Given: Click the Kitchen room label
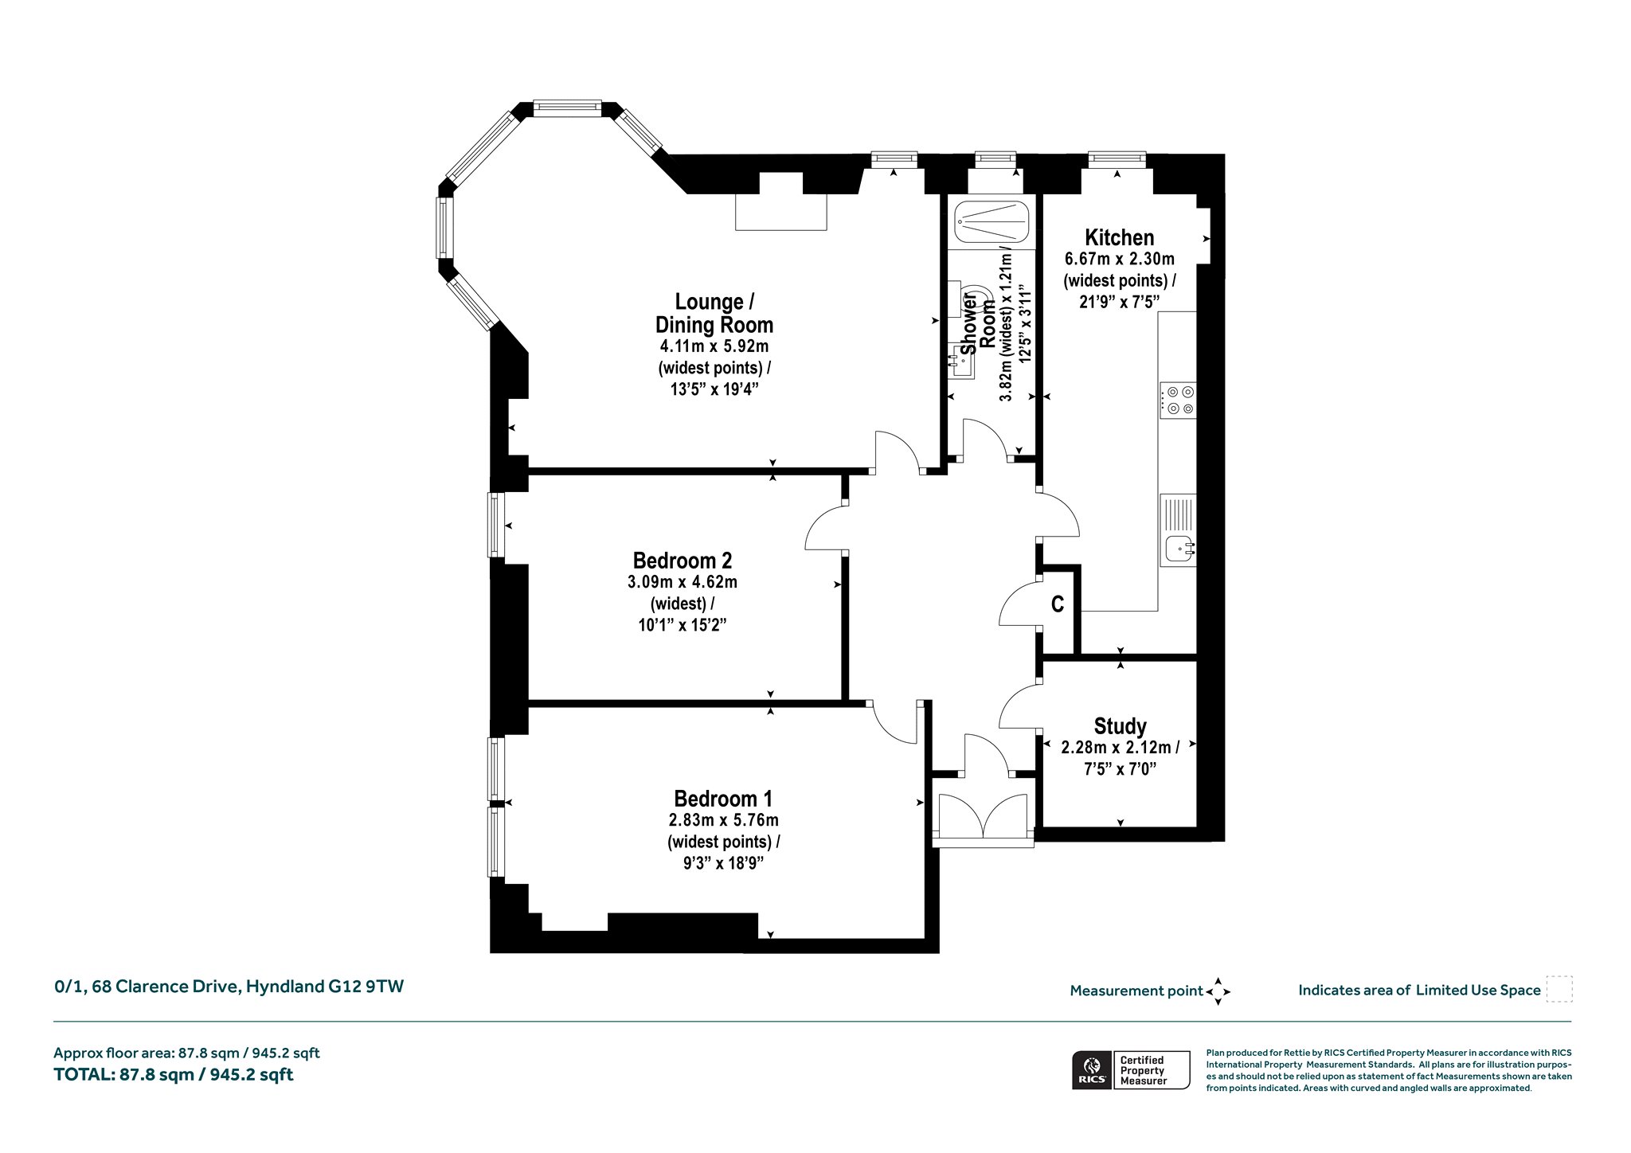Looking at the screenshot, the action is [x=1119, y=237].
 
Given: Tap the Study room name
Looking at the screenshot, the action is [x=1120, y=726].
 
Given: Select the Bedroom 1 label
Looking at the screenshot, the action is [x=723, y=799].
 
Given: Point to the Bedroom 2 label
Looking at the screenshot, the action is [x=683, y=561].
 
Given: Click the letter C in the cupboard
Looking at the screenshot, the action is [x=1058, y=605].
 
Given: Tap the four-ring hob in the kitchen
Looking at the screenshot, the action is [x=1178, y=401].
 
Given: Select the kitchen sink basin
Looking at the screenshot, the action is [x=1179, y=548].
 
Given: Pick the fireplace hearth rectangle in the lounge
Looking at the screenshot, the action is [x=781, y=212].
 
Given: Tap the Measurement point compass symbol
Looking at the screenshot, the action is [x=1218, y=991].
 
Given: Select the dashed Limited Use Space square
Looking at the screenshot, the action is [x=1559, y=989].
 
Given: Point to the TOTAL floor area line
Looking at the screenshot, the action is [x=174, y=1074].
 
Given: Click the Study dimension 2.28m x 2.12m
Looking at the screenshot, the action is [x=1116, y=748].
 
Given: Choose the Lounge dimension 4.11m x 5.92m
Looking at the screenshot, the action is [x=714, y=346].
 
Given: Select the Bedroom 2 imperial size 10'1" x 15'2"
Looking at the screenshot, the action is [x=683, y=624].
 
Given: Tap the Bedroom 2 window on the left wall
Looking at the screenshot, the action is [x=496, y=525].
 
